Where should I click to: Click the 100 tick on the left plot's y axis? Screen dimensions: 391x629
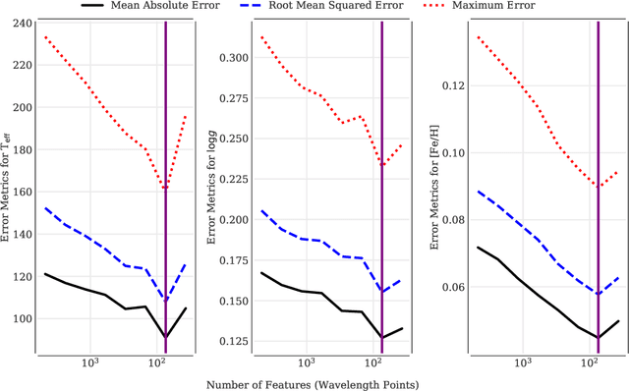[x=21, y=318]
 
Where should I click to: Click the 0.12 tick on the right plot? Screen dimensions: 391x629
[x=451, y=85]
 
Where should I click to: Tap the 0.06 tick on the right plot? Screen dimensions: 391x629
[x=451, y=287]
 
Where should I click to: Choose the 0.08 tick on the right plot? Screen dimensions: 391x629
[x=451, y=220]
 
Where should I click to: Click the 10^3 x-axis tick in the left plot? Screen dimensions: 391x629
[x=88, y=363]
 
